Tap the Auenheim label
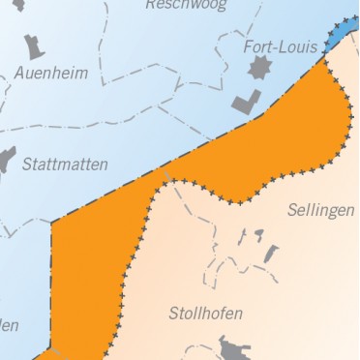50,74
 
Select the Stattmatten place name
65,165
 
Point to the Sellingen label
321,210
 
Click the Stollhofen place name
205,314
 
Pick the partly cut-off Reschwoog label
186,5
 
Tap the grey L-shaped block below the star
246,102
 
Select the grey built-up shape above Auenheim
35,46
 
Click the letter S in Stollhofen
173,314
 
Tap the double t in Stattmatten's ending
86,165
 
